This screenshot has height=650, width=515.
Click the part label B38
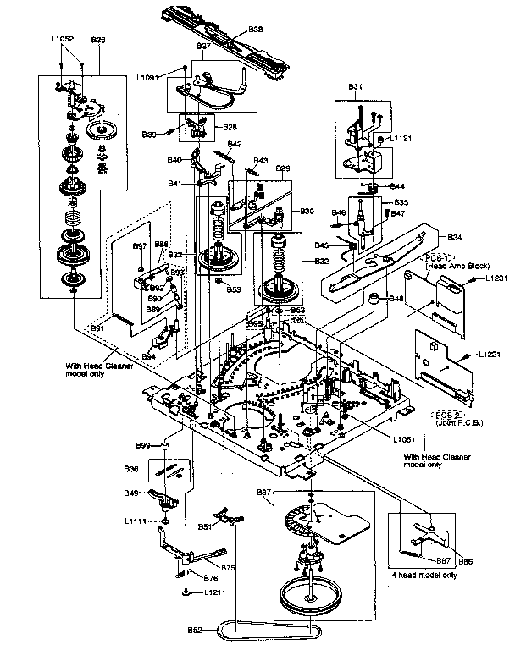(253, 30)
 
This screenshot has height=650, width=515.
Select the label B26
(98, 39)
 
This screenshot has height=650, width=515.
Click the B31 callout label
(356, 86)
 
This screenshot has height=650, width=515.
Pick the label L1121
(401, 138)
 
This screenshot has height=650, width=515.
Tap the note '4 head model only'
(423, 574)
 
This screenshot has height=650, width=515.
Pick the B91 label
(97, 328)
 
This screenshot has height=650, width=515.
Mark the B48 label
(396, 298)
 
